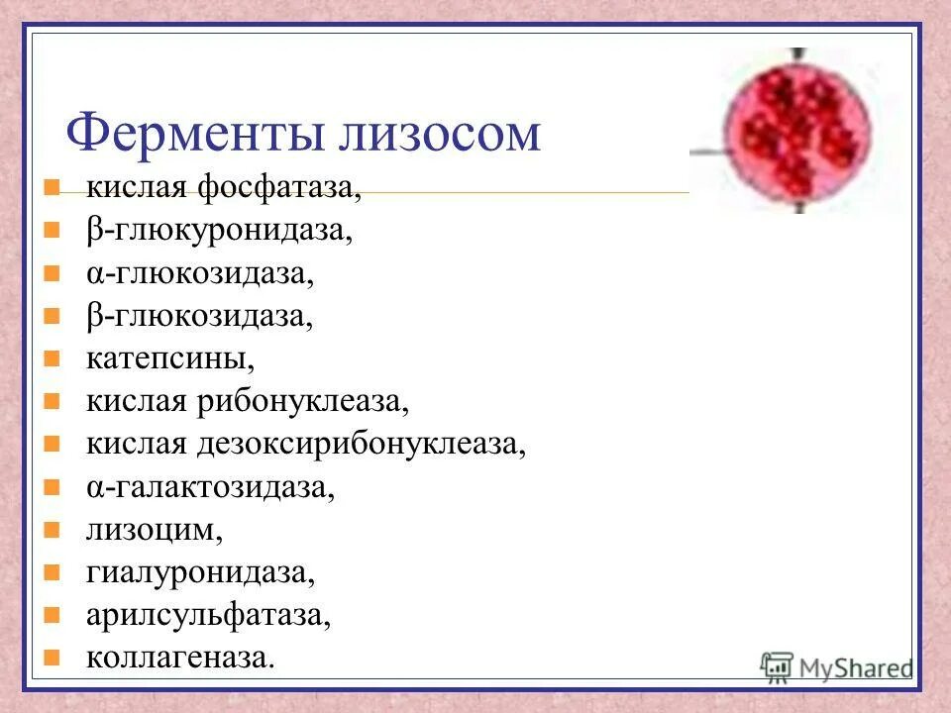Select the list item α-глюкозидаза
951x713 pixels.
tap(199, 273)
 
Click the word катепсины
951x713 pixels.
tap(162, 358)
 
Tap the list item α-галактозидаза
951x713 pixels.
tap(210, 487)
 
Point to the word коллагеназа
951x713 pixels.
tap(179, 658)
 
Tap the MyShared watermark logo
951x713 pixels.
tap(837, 665)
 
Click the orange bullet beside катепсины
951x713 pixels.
tap(53, 357)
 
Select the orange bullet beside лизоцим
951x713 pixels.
tap(53, 529)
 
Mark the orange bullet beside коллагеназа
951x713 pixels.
tap(53, 657)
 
